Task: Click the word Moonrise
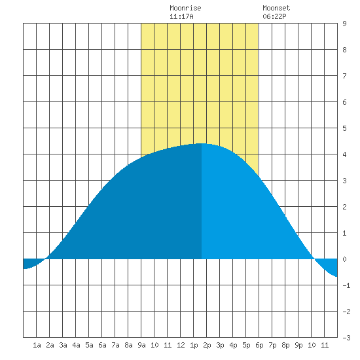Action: [x=185, y=8]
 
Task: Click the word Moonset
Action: [x=276, y=8]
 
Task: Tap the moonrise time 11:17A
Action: [x=181, y=16]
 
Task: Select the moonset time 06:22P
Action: [x=274, y=16]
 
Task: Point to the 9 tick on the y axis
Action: [x=344, y=24]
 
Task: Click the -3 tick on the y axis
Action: [x=346, y=338]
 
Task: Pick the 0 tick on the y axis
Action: [x=344, y=259]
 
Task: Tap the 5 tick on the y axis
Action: [x=344, y=128]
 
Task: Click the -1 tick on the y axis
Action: [x=346, y=285]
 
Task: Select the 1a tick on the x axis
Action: [x=37, y=345]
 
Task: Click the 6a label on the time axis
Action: [x=102, y=345]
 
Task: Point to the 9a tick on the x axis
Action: [x=141, y=345]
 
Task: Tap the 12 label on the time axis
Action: [x=181, y=345]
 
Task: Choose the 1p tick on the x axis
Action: [x=194, y=345]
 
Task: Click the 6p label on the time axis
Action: [x=259, y=345]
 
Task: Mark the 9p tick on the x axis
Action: [x=298, y=345]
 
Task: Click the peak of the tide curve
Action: [x=202, y=143]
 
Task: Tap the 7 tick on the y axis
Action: [x=344, y=76]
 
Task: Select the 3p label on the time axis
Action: [x=220, y=345]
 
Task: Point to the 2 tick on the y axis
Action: [x=344, y=207]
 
